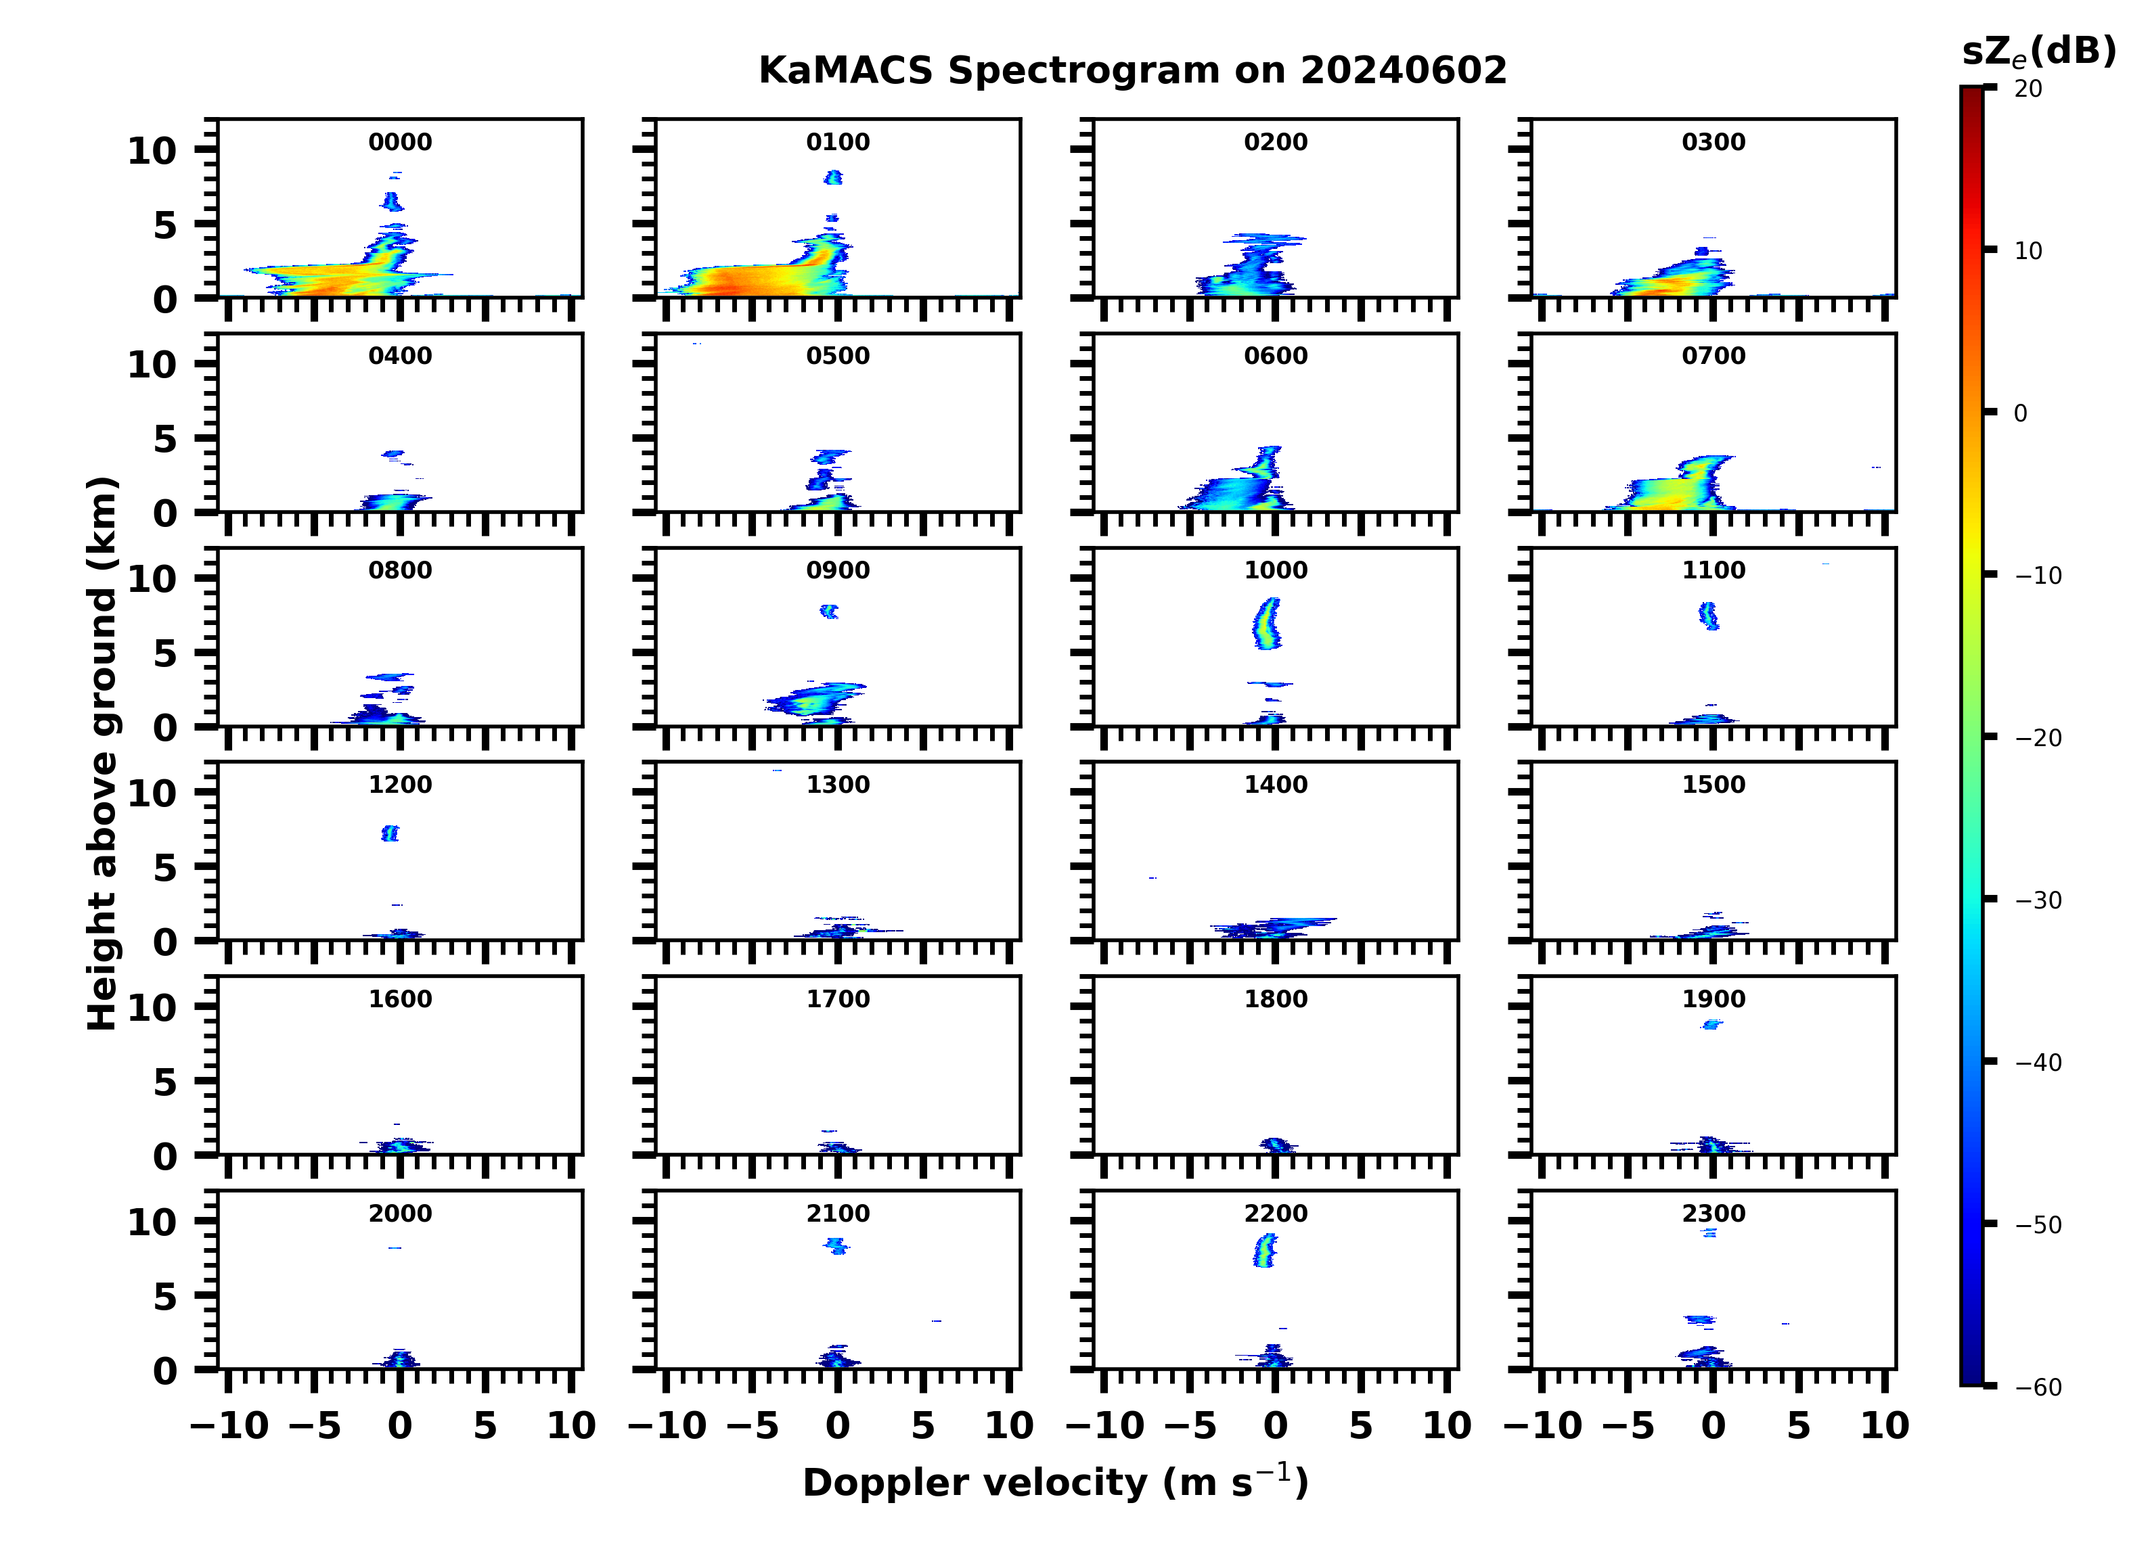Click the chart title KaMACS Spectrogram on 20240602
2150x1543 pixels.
pos(1132,71)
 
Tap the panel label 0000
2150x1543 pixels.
pos(400,142)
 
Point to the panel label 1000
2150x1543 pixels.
pos(1275,570)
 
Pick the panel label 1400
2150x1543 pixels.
pos(1275,785)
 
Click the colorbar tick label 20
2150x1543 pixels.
pos(2029,89)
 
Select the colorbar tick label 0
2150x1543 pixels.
pos(2020,414)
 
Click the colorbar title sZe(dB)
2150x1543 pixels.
pos(2039,51)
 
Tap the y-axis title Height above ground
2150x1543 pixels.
pos(102,754)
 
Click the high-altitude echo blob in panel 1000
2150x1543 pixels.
pos(1266,624)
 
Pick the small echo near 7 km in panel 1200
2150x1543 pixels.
pos(390,833)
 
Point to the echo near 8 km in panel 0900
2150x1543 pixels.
pos(830,612)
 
